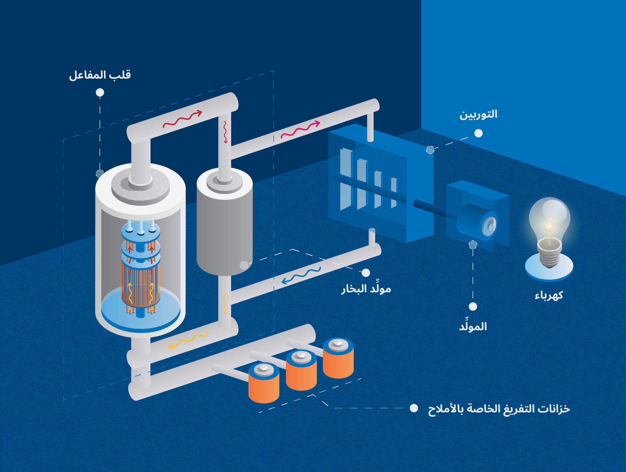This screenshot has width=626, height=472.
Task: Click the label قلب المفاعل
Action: point(100,75)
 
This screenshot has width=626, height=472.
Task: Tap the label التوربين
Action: point(478,115)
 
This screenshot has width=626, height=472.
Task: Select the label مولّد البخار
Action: point(366,289)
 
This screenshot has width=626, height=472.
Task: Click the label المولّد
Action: point(473,326)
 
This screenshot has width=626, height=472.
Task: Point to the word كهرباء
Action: point(549,296)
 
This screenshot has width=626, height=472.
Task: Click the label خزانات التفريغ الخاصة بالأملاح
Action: point(499,409)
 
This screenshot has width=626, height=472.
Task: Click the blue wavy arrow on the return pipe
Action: point(301,275)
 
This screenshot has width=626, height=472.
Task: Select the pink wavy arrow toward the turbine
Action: point(300,130)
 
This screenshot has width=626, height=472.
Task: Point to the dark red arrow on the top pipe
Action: point(182,119)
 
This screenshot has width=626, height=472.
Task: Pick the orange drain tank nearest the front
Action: point(264,385)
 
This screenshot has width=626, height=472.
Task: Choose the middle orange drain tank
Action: point(301,373)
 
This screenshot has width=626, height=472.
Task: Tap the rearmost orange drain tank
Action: point(338,360)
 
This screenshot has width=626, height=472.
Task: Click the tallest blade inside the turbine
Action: point(346,179)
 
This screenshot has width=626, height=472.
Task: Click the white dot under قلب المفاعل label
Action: point(100,93)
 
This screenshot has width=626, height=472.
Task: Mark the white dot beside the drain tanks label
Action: point(414,408)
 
